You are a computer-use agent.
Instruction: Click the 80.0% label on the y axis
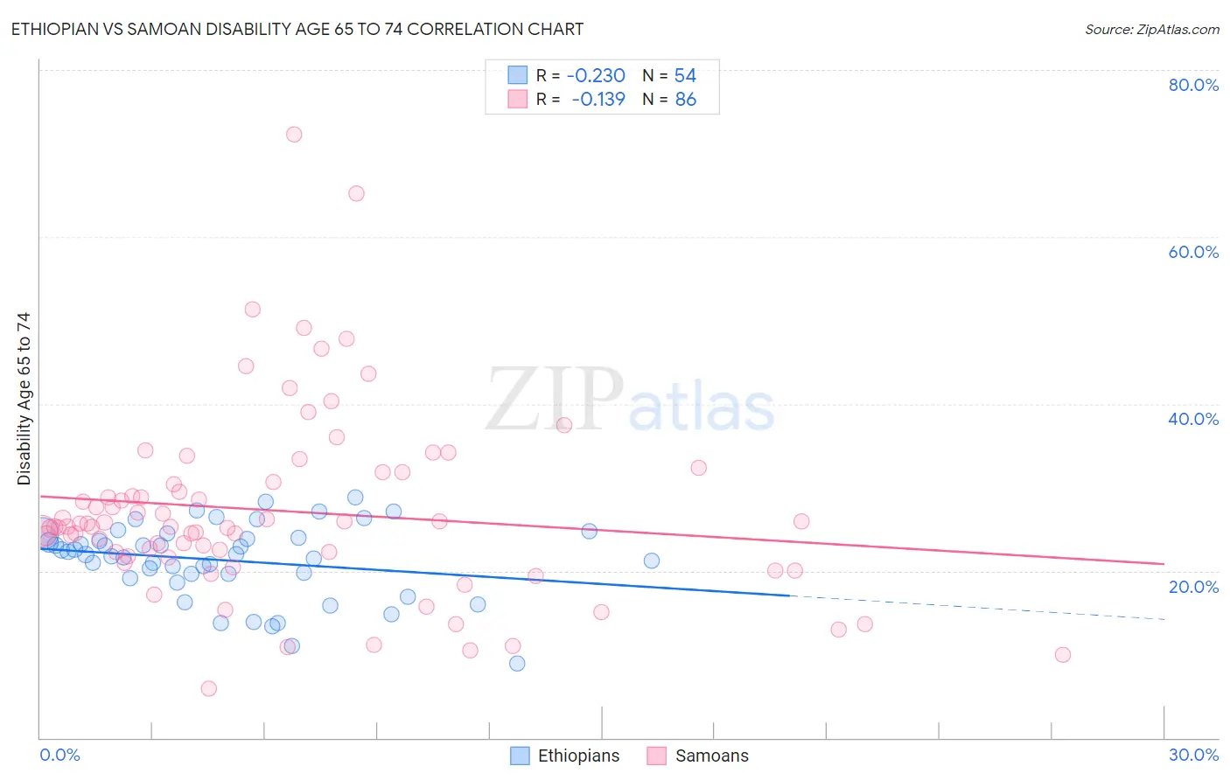[x=1193, y=85]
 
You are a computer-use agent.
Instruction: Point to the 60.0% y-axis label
[x=1193, y=252]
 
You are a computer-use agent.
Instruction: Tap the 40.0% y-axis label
[x=1193, y=419]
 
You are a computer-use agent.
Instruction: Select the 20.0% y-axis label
[x=1193, y=587]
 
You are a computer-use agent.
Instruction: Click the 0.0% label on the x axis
[x=59, y=755]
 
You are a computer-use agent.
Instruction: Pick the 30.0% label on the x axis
[x=1193, y=755]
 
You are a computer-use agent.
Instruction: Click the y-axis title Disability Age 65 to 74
[x=24, y=399]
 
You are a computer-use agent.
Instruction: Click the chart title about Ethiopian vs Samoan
[x=297, y=29]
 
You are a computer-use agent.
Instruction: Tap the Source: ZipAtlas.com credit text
[x=1151, y=29]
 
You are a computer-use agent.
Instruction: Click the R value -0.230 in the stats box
[x=596, y=76]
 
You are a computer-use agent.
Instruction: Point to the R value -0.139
[x=598, y=100]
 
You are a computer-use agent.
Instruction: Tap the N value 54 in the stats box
[x=685, y=76]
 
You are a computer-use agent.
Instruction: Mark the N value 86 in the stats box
[x=685, y=100]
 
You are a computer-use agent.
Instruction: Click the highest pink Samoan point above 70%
[x=294, y=135]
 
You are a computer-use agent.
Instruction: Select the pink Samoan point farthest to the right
[x=1063, y=655]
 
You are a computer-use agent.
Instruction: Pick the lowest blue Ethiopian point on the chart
[x=517, y=664]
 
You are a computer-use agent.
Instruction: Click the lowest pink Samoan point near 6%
[x=208, y=689]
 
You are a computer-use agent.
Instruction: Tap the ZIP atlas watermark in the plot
[x=630, y=400]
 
